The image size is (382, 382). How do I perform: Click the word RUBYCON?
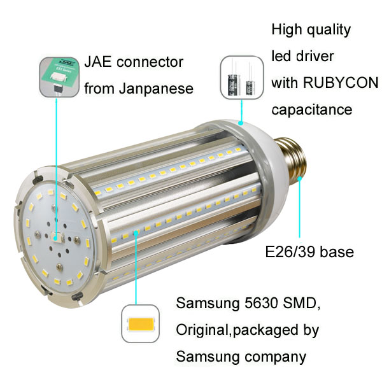(x=343, y=83)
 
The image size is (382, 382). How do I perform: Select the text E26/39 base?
(x=309, y=252)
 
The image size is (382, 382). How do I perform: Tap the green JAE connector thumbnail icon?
(x=59, y=76)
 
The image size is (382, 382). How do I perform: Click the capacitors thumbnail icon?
(x=242, y=76)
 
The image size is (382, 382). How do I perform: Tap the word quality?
(x=328, y=30)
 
